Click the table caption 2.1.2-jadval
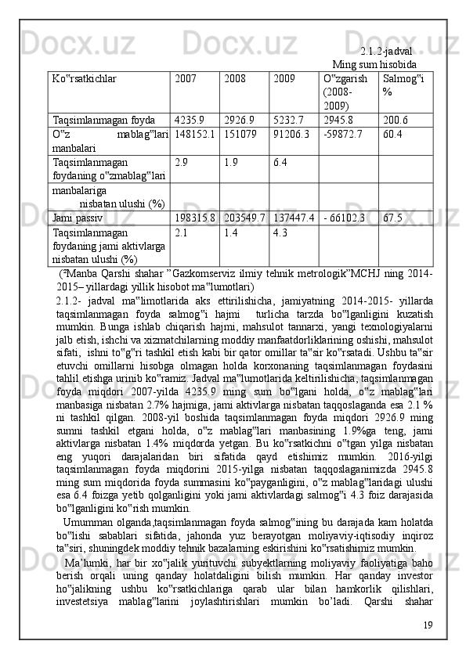coord(386,51)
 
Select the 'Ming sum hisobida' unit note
coord(374,63)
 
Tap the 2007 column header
coord(186,79)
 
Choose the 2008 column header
coord(235,79)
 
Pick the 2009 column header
coord(284,79)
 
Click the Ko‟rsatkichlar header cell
coord(85,79)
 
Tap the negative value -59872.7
coord(344,134)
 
